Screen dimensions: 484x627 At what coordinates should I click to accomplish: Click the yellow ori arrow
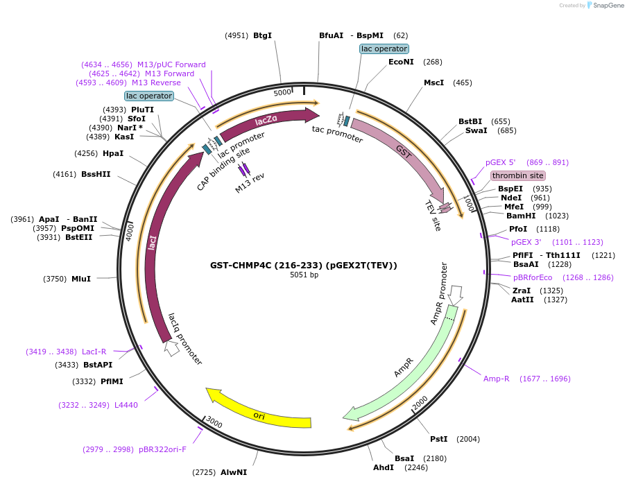[259, 415]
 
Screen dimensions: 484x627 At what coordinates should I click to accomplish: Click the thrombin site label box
[517, 175]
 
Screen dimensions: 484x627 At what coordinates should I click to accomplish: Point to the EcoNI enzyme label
[401, 62]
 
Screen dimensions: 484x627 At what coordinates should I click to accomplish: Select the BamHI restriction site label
[520, 216]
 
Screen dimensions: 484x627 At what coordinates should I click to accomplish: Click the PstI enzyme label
[439, 439]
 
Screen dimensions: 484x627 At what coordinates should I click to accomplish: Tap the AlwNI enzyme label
[234, 472]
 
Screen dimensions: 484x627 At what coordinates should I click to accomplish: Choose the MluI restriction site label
[81, 279]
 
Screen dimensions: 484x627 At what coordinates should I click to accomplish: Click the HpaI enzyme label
[112, 153]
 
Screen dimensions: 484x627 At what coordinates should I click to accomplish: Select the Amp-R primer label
[497, 379]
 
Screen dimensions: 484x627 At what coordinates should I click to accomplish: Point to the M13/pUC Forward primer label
[171, 64]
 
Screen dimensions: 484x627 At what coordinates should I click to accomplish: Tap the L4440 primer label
[126, 405]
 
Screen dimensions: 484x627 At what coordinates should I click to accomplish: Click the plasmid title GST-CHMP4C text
[304, 265]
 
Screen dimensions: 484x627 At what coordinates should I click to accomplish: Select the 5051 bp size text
[304, 275]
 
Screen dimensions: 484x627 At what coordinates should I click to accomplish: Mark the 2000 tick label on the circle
[420, 403]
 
